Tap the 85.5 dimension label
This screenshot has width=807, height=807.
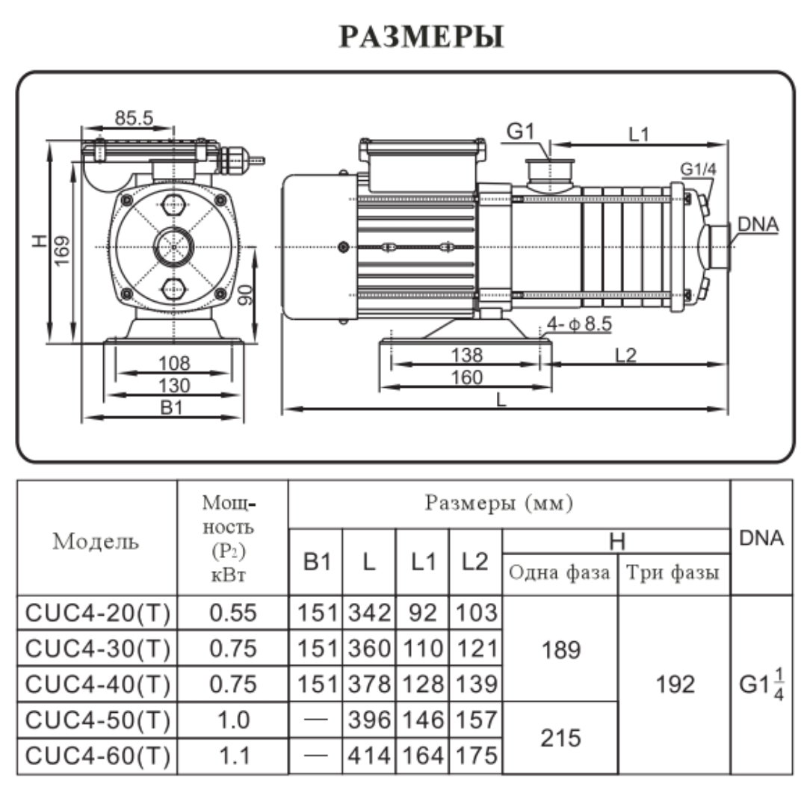tap(134, 117)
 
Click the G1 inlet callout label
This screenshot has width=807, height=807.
tap(522, 132)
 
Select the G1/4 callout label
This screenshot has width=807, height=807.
tap(698, 169)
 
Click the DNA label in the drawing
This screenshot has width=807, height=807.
tap(758, 223)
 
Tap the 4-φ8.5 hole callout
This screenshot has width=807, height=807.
tap(580, 325)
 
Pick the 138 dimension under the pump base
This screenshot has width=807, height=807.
tap(467, 355)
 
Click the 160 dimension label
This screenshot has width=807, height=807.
tap(467, 377)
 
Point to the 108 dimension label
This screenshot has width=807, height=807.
tap(173, 363)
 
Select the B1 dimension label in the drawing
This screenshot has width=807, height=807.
tap(173, 407)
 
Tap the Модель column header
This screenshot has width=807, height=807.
tap(96, 541)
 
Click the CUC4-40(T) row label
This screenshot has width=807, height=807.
tap(98, 684)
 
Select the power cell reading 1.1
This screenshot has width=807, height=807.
tap(233, 756)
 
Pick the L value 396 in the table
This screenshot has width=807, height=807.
tap(368, 720)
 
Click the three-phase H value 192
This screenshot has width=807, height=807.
tap(674, 684)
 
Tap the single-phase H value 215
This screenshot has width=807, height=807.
tap(561, 738)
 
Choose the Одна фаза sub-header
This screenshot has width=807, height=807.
tap(560, 573)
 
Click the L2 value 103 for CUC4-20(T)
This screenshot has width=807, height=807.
tap(476, 613)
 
